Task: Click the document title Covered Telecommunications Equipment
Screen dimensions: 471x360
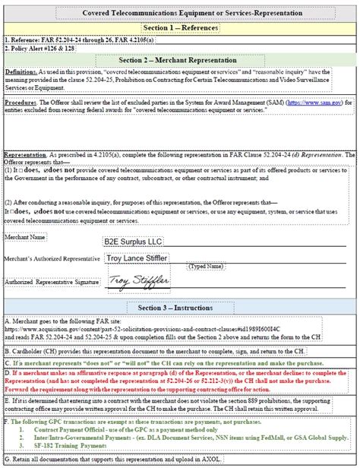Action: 180,14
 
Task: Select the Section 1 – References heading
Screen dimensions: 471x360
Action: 180,27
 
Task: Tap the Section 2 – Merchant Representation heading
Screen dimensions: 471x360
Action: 180,60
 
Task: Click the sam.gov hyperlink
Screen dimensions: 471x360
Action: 312,103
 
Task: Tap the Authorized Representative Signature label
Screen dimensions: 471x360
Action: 51,282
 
